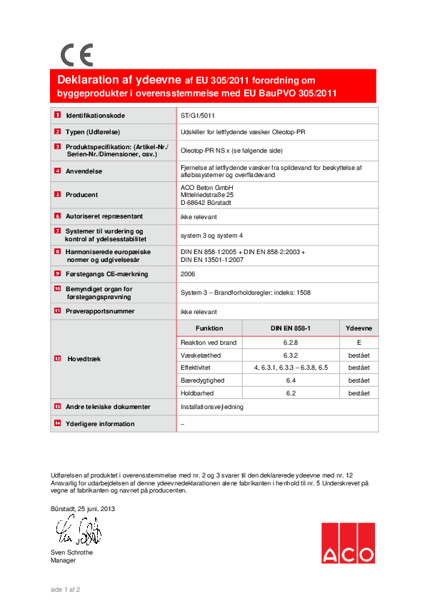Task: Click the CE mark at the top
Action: (76, 54)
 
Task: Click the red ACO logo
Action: (347, 543)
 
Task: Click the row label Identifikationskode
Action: (96, 115)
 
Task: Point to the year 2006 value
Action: (188, 273)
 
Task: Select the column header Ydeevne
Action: (358, 328)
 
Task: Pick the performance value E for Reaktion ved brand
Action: (358, 343)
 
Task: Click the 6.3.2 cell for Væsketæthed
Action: (290, 355)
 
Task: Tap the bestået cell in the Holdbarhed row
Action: (358, 393)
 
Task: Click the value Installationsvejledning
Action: (212, 406)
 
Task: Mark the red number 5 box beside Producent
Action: (57, 194)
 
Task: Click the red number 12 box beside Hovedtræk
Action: (57, 359)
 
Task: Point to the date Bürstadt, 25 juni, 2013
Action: (83, 509)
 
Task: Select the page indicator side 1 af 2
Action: (65, 590)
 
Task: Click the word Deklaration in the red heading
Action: (93, 81)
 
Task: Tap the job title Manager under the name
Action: (63, 560)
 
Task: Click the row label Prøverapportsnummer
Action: (100, 312)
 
